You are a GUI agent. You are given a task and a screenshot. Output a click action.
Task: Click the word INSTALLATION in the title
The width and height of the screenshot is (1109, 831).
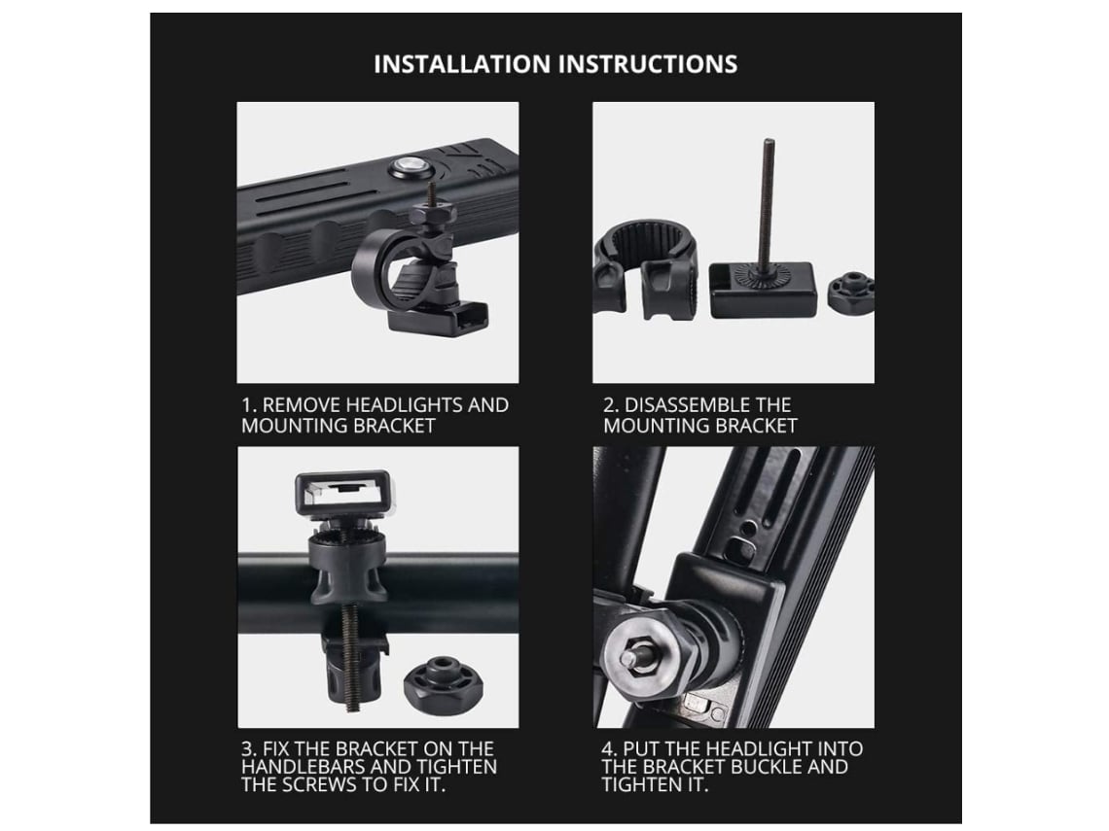[463, 64]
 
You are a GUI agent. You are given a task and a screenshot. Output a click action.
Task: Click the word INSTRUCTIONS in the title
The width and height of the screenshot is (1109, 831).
[649, 64]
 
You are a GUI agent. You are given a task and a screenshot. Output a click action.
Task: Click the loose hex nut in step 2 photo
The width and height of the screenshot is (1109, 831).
[850, 293]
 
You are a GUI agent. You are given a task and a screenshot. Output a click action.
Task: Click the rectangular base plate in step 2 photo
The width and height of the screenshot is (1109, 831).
[763, 290]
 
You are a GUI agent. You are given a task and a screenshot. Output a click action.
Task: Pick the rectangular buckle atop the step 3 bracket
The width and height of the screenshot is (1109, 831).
[342, 492]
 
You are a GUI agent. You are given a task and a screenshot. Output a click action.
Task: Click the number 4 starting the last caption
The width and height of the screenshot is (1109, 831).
[608, 749]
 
